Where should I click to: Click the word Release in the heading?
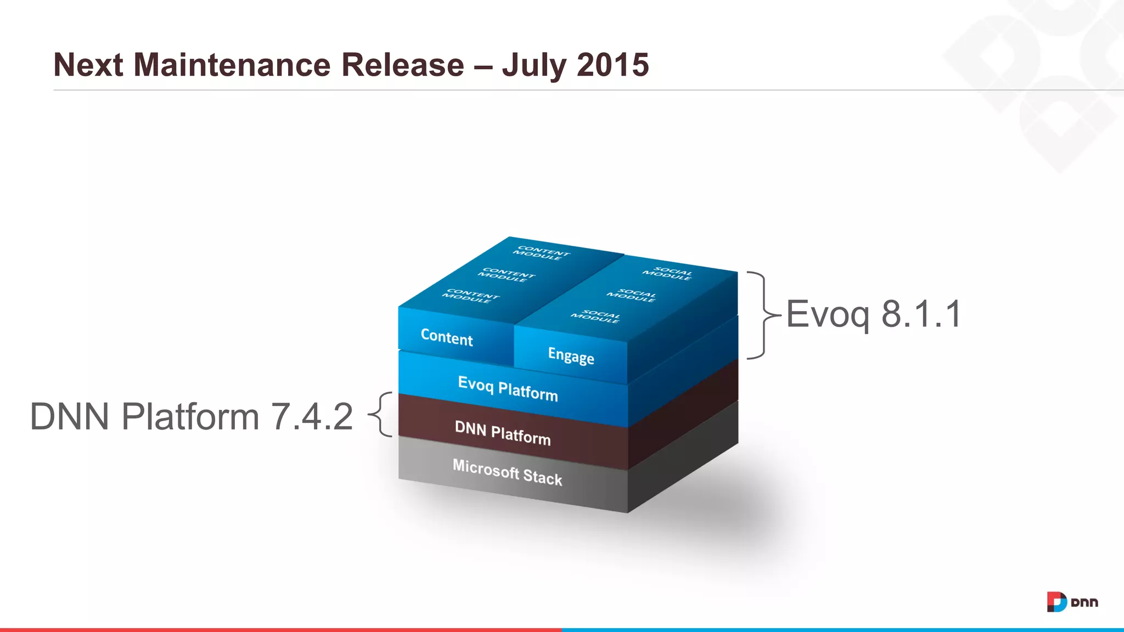click(403, 65)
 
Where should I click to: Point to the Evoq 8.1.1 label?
click(874, 314)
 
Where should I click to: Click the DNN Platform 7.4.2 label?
click(191, 416)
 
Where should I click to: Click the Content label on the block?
click(447, 336)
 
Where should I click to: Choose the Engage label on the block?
click(571, 356)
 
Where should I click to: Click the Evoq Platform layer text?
click(508, 388)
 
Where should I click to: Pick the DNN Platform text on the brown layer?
click(502, 433)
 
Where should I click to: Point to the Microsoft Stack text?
click(507, 472)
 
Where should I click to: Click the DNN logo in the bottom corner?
click(1072, 602)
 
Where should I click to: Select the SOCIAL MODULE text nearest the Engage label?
click(595, 317)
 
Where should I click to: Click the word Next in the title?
click(88, 65)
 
